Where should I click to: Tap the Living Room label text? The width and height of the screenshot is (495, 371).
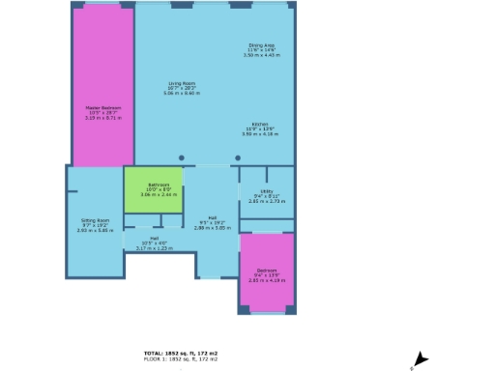coord(182,84)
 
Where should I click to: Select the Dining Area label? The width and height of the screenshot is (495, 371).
coord(261,45)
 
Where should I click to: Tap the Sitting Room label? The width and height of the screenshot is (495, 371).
coord(95,221)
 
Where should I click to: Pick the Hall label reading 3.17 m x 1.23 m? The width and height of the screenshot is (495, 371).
coord(154,248)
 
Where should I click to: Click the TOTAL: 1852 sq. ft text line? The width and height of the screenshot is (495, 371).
coord(181,354)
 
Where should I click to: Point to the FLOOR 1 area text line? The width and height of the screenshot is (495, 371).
coord(181,359)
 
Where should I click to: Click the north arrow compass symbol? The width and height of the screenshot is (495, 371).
coord(420,358)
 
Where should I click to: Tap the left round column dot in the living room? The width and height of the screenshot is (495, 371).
coord(182,157)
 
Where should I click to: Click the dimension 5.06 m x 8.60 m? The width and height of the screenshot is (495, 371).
coord(182,94)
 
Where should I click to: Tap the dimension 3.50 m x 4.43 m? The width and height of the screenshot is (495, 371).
coord(261,55)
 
